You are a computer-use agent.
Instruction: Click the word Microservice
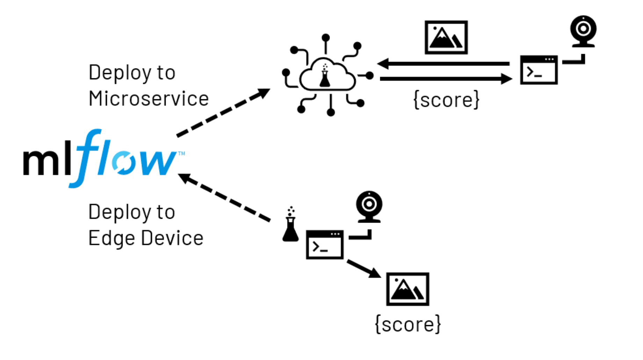click(x=149, y=99)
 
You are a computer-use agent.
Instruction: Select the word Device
click(x=172, y=238)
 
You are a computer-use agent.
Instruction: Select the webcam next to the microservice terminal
click(x=583, y=31)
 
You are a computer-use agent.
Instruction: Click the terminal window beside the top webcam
click(x=539, y=70)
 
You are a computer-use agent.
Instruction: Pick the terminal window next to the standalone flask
click(x=325, y=245)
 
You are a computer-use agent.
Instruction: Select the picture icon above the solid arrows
click(x=446, y=37)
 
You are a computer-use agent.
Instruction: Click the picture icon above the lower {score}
click(x=407, y=289)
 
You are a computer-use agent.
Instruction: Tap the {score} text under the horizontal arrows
click(x=446, y=100)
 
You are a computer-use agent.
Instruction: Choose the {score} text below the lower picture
click(x=408, y=324)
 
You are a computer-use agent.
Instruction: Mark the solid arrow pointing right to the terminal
click(x=446, y=79)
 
